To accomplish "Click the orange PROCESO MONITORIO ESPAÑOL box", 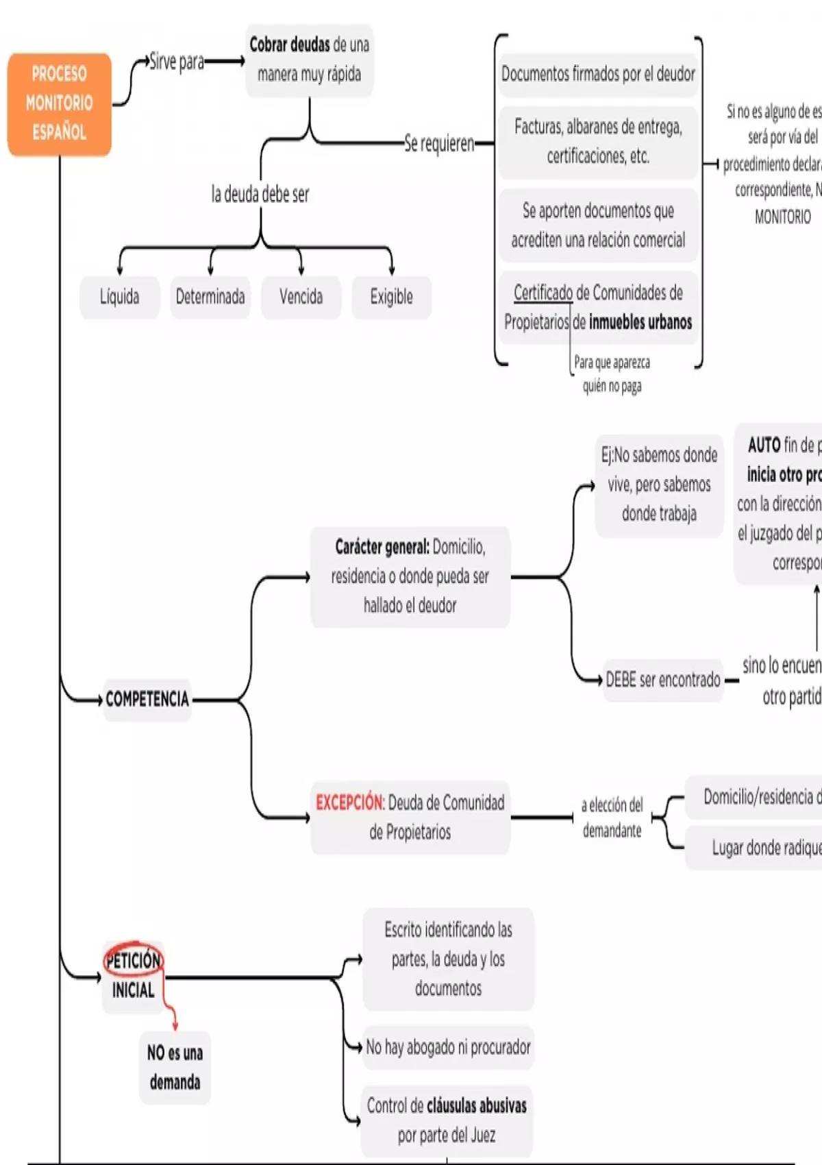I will click(60, 103).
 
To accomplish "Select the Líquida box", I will click(120, 297).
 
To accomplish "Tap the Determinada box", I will click(210, 297).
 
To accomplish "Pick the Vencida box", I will click(301, 297).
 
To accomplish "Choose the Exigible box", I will click(391, 297).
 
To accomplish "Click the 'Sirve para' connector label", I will click(177, 62).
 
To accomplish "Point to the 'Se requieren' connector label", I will click(439, 143).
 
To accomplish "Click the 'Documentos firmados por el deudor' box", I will click(598, 74).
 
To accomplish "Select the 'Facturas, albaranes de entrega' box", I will click(598, 141).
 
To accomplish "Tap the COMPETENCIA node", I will click(147, 699).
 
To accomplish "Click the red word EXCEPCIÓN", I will click(349, 802).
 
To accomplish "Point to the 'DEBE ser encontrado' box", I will click(663, 680).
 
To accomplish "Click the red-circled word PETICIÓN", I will click(133, 960).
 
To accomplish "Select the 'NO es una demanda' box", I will click(175, 1067).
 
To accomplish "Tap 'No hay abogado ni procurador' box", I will click(448, 1047).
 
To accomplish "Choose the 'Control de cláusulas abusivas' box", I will click(447, 1120).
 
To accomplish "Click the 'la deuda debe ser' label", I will click(260, 195).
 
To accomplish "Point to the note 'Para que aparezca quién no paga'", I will click(612, 374).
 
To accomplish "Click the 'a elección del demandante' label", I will click(612, 818).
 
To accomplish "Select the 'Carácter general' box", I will click(410, 576).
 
